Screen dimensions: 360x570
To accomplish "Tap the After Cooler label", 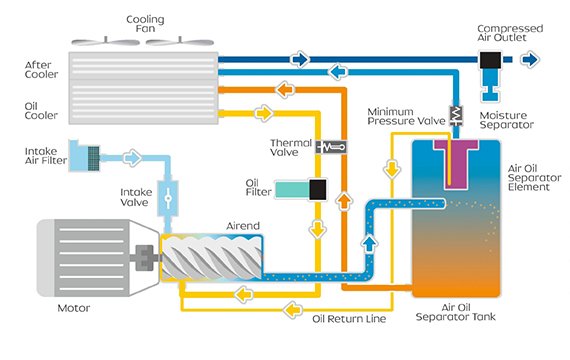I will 41,69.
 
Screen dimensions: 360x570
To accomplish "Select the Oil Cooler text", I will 41,108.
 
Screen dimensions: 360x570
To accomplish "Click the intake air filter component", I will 92,155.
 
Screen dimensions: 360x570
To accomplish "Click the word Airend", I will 239,226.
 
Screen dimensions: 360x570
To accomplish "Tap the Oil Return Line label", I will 347,320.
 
